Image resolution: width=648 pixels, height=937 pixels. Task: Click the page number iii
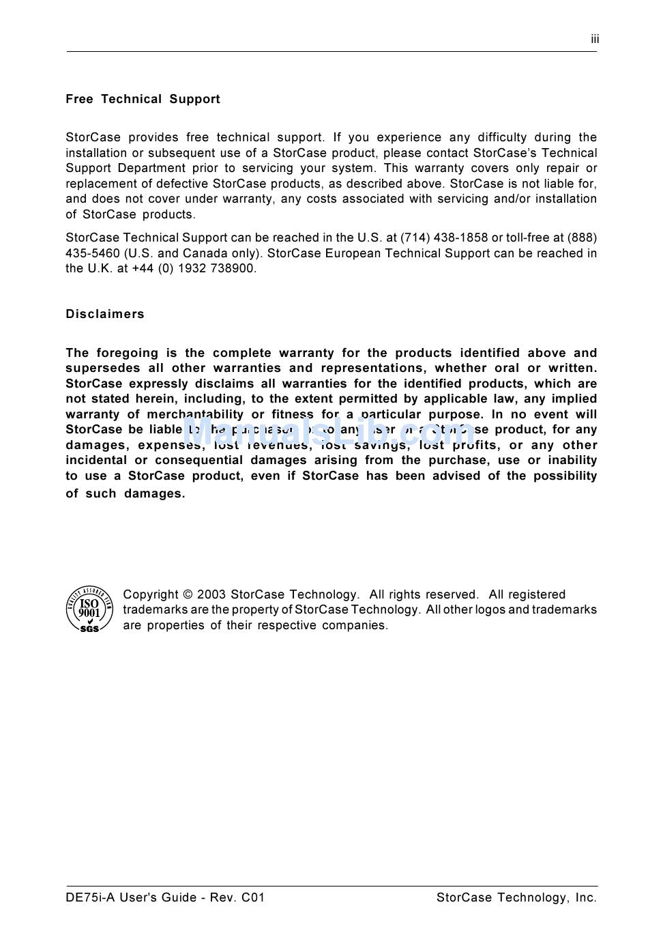595,40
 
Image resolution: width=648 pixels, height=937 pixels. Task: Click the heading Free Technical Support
143,99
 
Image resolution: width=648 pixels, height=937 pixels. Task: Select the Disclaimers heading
105,314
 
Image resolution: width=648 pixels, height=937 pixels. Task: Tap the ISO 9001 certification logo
89,609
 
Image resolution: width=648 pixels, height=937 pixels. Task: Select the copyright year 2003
211,594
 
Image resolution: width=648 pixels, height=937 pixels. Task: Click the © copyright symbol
188,594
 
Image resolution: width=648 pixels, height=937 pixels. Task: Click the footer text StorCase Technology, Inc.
516,897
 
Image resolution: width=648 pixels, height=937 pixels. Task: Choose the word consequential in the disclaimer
198,460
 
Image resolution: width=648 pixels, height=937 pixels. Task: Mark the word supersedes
103,368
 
